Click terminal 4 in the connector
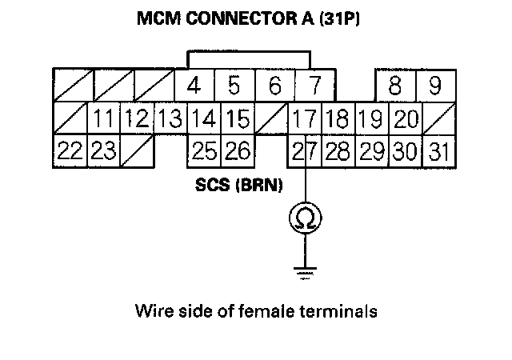coord(194,86)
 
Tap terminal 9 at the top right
coord(434,86)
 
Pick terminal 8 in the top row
coord(394,86)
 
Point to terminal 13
coord(169,119)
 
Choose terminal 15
coord(236,119)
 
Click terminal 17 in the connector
coord(303,119)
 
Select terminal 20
coord(406,119)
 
